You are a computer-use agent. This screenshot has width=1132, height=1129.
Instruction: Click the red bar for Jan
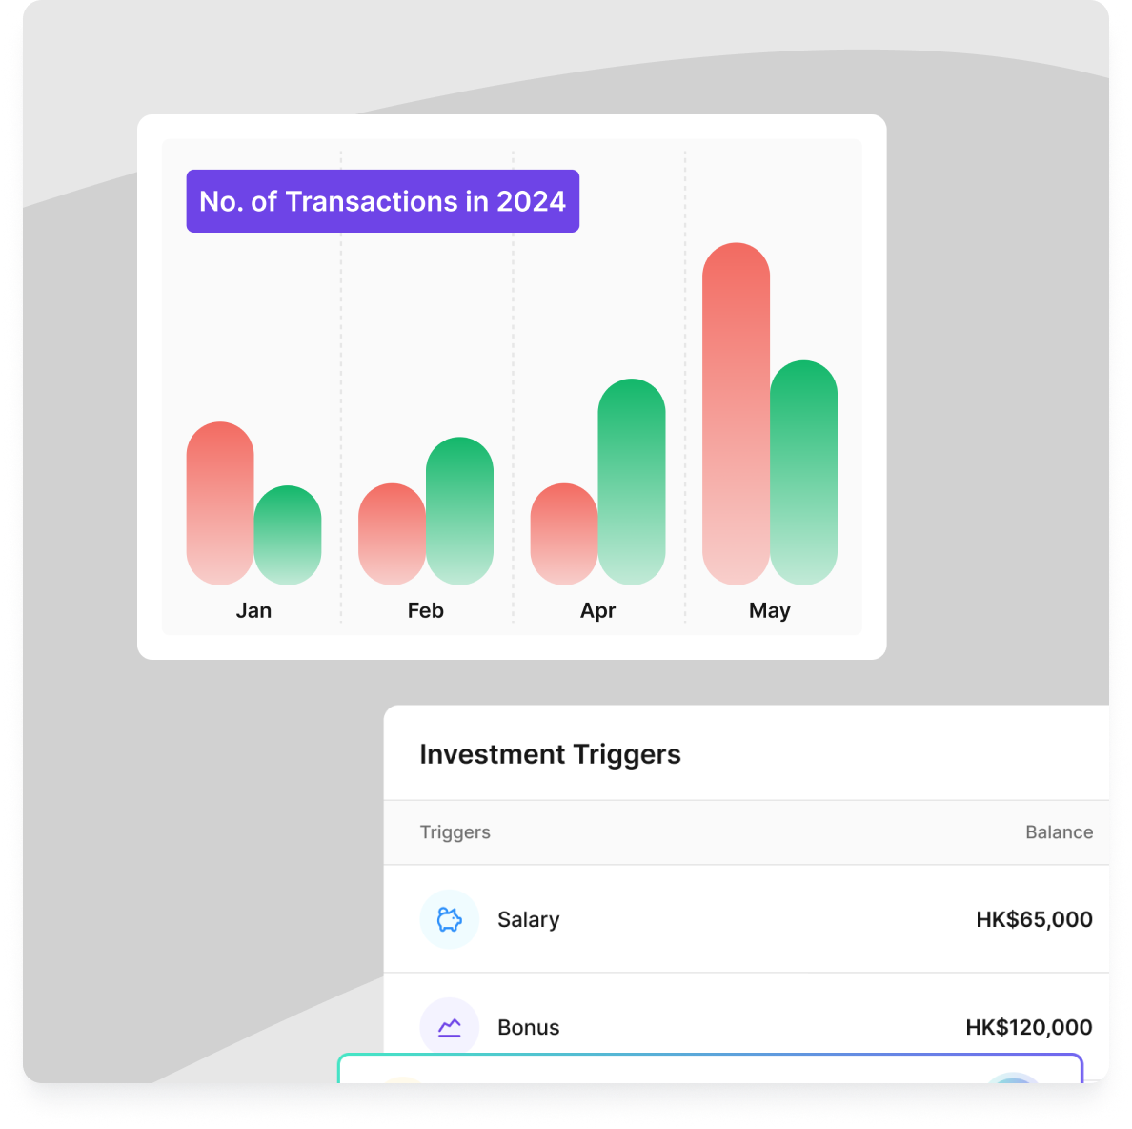point(220,503)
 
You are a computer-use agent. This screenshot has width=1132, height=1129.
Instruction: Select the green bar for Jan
point(288,535)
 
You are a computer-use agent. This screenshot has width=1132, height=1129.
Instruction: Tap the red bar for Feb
point(392,534)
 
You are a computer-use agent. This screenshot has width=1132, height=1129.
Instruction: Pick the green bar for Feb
point(460,511)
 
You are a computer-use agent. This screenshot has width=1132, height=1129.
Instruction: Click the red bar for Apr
point(564,534)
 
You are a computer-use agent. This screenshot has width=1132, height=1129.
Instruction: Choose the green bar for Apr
point(632,482)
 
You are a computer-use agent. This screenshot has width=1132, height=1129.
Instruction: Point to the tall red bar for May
point(737,414)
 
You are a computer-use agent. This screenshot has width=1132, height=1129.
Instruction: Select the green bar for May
point(803,472)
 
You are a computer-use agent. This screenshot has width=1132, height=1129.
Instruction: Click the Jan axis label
point(254,611)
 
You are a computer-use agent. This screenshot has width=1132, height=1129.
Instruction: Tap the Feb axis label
point(426,611)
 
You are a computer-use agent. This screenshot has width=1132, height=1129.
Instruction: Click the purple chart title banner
point(383,201)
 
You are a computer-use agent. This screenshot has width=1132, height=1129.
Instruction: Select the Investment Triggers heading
point(550,754)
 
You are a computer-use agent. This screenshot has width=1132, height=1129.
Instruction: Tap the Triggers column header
point(455,832)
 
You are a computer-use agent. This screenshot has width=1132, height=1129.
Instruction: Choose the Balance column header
point(1059,832)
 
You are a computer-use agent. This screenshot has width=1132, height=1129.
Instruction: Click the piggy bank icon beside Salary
point(449,919)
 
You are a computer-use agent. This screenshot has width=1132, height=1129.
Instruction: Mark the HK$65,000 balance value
point(1034,919)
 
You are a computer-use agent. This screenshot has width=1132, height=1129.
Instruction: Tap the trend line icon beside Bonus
point(449,1027)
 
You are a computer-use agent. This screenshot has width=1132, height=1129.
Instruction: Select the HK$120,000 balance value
point(1029,1027)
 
